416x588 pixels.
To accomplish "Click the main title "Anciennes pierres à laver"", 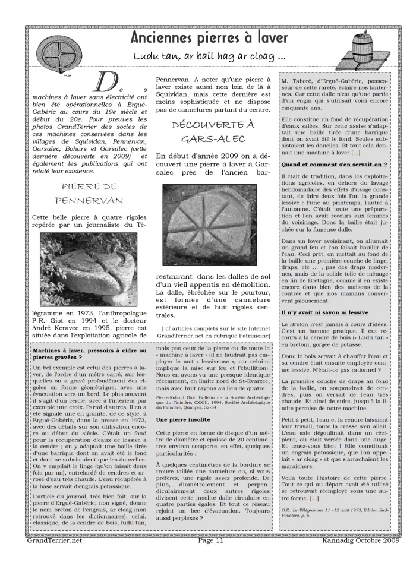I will coord(210,38).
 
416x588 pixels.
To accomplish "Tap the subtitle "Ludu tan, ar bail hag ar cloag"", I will coord(209,57).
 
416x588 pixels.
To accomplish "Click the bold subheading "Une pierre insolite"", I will coord(181,419).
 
